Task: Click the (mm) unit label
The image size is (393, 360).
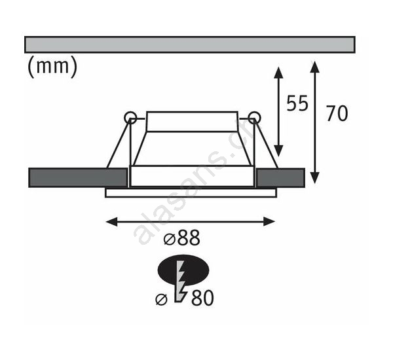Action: coord(52,66)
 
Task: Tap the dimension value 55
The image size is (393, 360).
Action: coord(297,103)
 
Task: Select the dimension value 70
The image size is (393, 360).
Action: coord(337,113)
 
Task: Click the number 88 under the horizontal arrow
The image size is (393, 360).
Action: coord(189,238)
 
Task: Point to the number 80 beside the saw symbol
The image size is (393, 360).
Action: coord(202,298)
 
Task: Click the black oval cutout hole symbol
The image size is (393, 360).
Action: coord(183,270)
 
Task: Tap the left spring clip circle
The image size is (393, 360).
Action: coord(130,118)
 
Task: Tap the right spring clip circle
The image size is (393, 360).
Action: coord(254,118)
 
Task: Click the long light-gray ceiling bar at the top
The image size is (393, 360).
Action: coord(190,45)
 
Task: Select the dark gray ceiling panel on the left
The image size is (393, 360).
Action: coord(78,177)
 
